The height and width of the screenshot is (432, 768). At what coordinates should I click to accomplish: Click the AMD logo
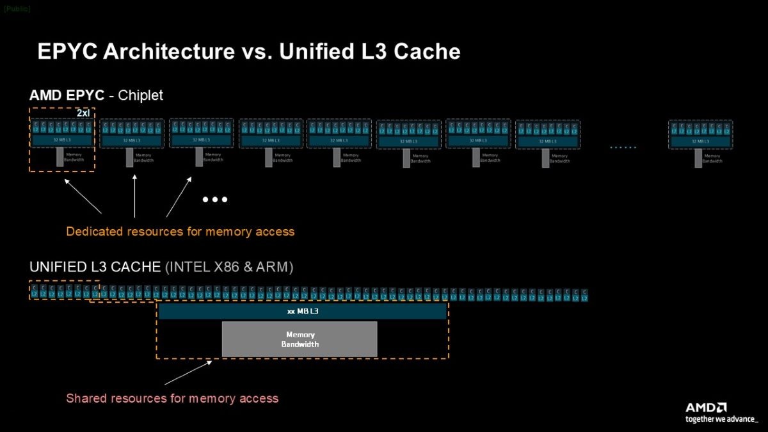706,408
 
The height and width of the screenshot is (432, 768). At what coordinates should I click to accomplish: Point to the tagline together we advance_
721,419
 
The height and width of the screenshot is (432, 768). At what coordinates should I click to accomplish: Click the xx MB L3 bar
302,312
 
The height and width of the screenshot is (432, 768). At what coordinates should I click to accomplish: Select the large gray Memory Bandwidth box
300,339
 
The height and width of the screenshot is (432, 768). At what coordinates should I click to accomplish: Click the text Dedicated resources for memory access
180,231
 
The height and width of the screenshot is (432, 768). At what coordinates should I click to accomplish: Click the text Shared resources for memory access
172,398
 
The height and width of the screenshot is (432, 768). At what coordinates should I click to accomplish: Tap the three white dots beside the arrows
215,200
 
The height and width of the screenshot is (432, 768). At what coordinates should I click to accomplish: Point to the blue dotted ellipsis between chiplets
623,147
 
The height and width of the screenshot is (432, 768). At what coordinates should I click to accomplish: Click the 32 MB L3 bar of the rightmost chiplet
700,141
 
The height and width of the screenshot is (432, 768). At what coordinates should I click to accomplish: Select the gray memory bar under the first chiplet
60,157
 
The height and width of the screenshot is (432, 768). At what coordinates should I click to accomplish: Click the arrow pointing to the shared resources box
189,372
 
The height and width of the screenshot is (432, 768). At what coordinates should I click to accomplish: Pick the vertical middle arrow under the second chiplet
134,196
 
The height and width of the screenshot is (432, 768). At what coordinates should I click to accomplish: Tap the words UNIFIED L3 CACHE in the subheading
95,267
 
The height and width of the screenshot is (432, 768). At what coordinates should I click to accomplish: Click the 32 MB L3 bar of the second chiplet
131,141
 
